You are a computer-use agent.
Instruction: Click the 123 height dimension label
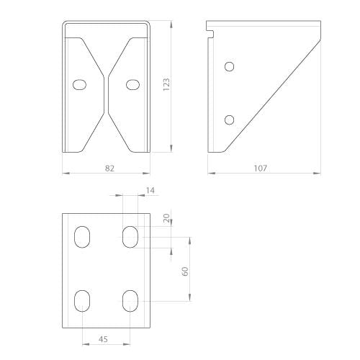166,84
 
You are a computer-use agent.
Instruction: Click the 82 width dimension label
109,168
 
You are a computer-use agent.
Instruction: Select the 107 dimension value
261,168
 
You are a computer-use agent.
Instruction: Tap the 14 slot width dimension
150,191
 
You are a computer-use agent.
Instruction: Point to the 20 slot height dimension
166,218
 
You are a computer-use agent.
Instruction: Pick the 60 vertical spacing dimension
185,271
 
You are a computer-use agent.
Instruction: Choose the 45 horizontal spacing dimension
103,339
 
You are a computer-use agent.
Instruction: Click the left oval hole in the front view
79,84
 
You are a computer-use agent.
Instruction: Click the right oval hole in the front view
133,84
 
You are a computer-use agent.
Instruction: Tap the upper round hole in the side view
230,66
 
